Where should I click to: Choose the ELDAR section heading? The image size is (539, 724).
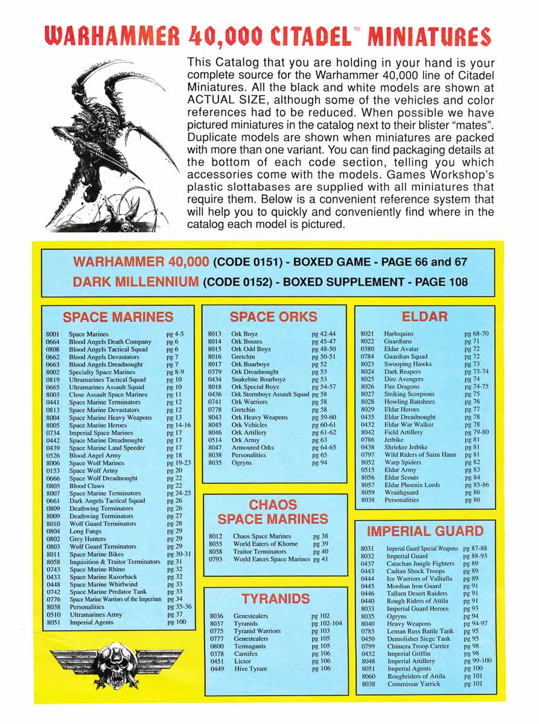click(424, 316)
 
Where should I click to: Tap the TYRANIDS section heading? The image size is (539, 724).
click(275, 599)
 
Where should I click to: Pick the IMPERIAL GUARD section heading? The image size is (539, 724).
click(425, 531)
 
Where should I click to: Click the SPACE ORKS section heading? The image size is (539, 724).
click(273, 316)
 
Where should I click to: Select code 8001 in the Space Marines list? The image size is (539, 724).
click(52, 334)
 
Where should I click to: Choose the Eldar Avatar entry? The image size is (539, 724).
click(402, 349)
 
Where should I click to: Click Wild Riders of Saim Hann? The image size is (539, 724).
click(420, 454)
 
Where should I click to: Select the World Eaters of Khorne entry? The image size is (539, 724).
click(266, 544)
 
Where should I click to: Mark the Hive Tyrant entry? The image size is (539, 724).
click(250, 668)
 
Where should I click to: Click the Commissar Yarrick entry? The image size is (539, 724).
click(414, 684)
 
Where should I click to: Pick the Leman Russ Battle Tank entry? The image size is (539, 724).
click(420, 630)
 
